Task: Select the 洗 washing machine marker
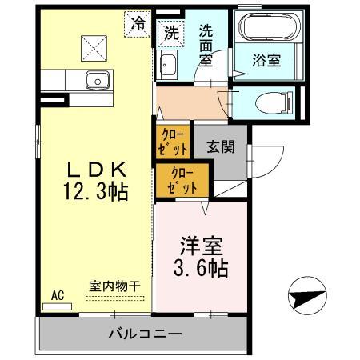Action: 170,33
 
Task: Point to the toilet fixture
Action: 269,102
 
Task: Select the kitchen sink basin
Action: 98,80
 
